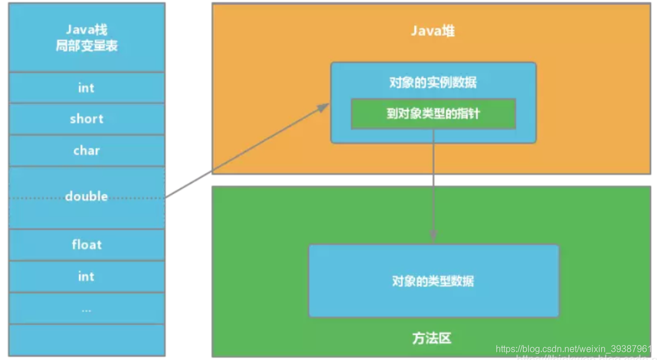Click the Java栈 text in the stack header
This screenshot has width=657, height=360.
(86, 30)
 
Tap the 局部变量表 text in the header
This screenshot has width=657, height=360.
(86, 46)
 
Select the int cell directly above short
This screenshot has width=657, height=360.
(86, 88)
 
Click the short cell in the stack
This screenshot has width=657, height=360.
(86, 119)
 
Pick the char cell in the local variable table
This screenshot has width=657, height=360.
(86, 151)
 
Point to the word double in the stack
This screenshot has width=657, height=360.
(86, 197)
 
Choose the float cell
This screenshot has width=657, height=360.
(86, 245)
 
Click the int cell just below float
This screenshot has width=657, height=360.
(86, 276)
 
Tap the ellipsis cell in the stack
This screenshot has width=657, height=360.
(86, 309)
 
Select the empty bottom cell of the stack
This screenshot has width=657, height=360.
(86, 340)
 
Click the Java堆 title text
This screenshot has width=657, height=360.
(432, 31)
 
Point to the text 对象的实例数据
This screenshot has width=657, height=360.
(433, 82)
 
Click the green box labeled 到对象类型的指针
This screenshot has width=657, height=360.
(433, 113)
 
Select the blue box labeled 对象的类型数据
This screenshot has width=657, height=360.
(434, 281)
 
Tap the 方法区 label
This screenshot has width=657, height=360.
(432, 338)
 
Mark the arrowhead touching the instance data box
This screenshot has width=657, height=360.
(324, 107)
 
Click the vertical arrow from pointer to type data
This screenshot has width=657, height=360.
(434, 179)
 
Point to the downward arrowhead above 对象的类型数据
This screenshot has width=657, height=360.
(434, 235)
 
